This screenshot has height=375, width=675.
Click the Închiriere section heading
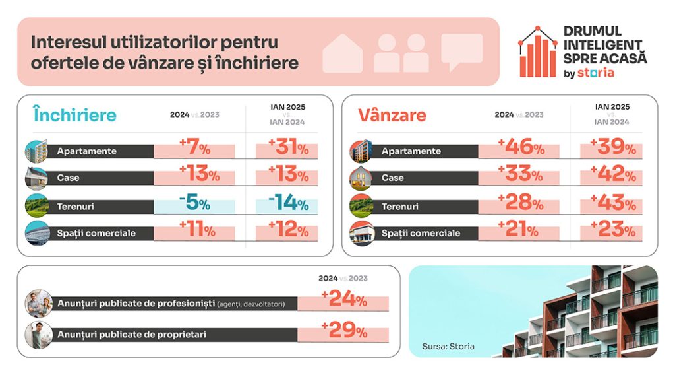click(74, 115)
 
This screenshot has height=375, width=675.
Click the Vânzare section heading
click(392, 115)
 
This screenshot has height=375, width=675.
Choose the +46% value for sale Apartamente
click(521, 148)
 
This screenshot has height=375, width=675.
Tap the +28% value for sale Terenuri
click(521, 204)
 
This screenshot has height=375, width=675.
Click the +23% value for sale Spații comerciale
click(613, 231)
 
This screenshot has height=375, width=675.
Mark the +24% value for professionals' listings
click(343, 301)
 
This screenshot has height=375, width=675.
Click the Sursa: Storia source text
click(448, 346)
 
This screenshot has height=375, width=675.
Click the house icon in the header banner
click(342, 53)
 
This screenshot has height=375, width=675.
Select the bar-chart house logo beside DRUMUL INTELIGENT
click(538, 53)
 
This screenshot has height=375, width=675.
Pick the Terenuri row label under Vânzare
click(399, 207)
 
